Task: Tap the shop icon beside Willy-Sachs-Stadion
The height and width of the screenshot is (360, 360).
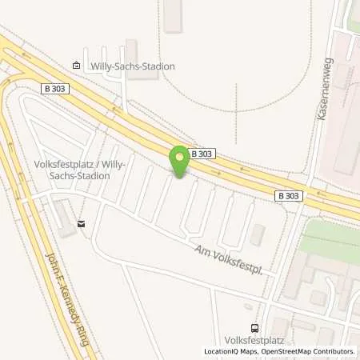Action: pyautogui.click(x=76, y=66)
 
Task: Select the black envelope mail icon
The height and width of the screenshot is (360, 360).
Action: pyautogui.click(x=82, y=225)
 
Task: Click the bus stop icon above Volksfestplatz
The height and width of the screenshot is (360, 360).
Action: pyautogui.click(x=254, y=328)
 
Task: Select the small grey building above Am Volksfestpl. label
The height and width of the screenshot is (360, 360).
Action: pyautogui.click(x=257, y=234)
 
